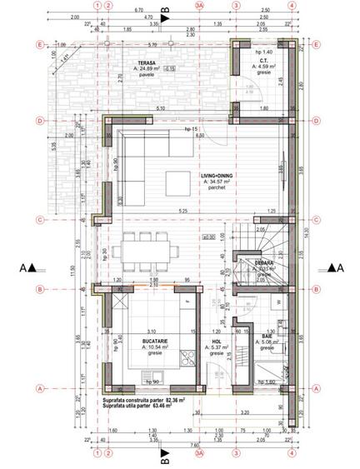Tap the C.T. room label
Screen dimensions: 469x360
tap(262, 61)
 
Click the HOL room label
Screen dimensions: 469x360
tap(217, 341)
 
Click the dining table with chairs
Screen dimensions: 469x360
tap(147, 249)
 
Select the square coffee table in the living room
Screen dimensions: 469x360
tap(178, 182)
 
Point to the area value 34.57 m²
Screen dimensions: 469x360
tap(221, 182)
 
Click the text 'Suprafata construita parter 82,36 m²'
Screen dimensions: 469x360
tap(155, 401)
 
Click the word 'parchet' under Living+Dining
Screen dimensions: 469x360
tap(219, 188)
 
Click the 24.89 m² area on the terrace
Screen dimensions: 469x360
tap(147, 71)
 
